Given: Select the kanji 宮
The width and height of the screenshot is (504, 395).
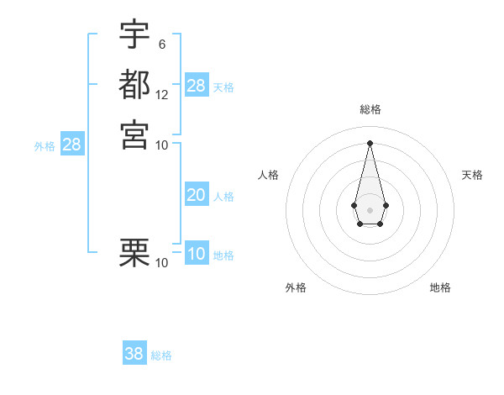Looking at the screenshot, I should click(x=134, y=134).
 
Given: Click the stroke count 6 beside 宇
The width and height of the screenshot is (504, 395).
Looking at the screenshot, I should click(x=161, y=45).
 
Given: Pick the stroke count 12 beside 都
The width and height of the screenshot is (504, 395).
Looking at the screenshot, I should click(x=162, y=94).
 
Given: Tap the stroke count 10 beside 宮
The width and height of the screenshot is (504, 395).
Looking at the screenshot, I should click(x=162, y=145).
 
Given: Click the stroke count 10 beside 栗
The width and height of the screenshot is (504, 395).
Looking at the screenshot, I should click(x=162, y=263).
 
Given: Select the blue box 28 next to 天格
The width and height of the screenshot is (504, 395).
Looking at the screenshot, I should click(x=196, y=86).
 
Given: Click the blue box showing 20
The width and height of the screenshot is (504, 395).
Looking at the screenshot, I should click(x=196, y=195).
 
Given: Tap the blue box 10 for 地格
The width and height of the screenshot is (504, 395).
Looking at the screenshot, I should click(x=196, y=255).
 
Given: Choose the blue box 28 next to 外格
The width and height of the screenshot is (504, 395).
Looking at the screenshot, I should click(x=71, y=145).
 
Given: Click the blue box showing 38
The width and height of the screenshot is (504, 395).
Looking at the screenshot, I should click(x=134, y=354).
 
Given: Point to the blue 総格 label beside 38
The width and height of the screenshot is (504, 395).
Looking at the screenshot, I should click(x=161, y=355).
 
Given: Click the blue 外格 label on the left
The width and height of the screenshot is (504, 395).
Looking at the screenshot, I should click(x=45, y=146).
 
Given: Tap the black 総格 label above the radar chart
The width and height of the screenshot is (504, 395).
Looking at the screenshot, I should click(x=370, y=109).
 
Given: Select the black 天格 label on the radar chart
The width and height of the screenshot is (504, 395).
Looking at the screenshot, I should click(x=472, y=175).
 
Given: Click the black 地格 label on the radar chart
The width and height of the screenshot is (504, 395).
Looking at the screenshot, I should click(x=440, y=287).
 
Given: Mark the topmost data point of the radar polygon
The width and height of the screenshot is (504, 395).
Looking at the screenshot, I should click(x=370, y=142).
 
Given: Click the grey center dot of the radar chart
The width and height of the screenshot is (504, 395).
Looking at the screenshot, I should click(x=370, y=208).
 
